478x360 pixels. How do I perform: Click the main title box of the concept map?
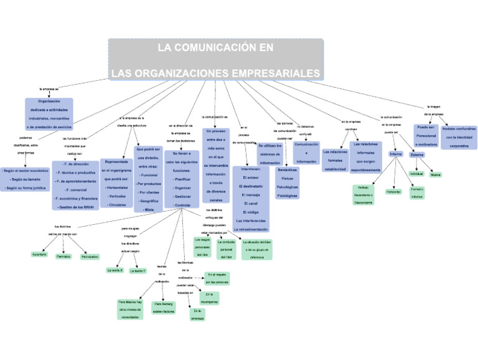pos(215,60)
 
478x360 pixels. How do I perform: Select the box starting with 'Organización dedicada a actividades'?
pos(49,114)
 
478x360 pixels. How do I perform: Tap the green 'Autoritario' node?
pos(39,255)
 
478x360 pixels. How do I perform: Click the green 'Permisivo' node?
pos(63,256)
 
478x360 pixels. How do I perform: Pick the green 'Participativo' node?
pos(90,256)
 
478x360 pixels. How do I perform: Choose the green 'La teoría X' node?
pos(115,270)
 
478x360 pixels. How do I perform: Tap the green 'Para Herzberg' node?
pos(164,307)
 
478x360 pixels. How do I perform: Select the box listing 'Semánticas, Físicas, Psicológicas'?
pos(287,182)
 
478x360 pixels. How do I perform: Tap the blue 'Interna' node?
pos(396,153)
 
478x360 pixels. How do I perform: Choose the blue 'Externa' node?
pos(417,154)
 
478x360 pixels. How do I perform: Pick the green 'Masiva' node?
pos(436,174)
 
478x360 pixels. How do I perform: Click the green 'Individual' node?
pos(416,174)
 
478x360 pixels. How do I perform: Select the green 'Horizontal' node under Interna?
pos(393,192)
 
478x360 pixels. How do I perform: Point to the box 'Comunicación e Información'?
pos(306,153)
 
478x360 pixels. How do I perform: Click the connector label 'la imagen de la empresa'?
pos(433,110)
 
